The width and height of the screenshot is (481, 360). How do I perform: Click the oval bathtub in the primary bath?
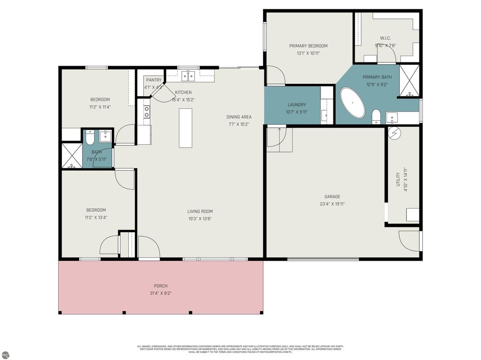352,103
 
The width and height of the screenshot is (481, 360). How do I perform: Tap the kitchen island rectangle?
186,128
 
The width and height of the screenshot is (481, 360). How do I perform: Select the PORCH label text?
161,286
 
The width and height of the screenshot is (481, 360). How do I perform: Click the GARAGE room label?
332,197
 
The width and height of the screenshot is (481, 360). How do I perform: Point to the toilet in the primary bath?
376,117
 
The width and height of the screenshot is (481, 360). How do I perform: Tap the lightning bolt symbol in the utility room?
395,133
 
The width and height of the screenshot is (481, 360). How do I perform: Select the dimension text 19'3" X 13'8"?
200,218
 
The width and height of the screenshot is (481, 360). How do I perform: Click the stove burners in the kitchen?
147,112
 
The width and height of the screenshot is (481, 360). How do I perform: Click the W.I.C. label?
386,38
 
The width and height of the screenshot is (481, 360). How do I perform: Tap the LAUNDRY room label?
296,105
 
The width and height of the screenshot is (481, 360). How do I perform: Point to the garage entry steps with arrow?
279,139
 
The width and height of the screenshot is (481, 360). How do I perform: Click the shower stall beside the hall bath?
72,156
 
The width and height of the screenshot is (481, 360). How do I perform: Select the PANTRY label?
154,80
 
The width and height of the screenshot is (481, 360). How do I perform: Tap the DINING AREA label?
240,117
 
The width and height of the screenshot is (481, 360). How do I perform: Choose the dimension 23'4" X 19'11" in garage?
332,204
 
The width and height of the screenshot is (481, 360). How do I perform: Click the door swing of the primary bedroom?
275,76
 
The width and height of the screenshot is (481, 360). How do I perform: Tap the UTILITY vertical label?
398,180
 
